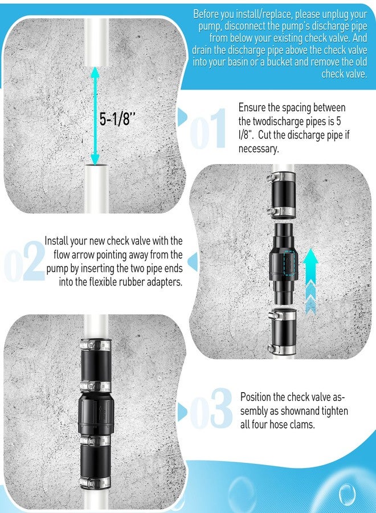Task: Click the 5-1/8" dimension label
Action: pos(118,119)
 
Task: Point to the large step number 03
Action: pos(211,409)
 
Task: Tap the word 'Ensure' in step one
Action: pos(252,108)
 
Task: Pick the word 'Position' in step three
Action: pos(259,397)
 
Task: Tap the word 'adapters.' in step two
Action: pos(164,282)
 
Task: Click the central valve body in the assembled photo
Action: pos(96,411)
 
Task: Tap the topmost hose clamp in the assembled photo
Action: pos(95,345)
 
